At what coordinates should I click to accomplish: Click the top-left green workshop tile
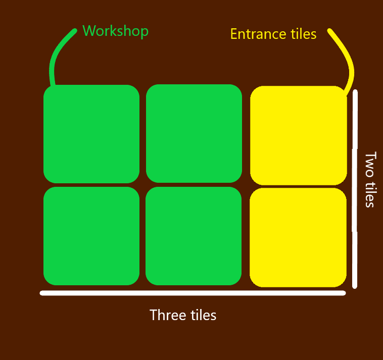(x=91, y=134)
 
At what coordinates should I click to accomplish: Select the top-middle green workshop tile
(x=194, y=133)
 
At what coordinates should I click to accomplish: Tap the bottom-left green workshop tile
(x=91, y=236)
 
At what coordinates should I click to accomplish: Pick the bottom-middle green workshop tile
(x=194, y=236)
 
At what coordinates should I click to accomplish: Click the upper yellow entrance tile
(x=298, y=135)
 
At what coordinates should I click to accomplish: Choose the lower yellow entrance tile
(x=298, y=237)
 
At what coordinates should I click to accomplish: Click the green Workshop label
(x=115, y=31)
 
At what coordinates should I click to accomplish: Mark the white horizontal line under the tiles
(x=193, y=293)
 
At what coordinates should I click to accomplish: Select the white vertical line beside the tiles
(x=355, y=189)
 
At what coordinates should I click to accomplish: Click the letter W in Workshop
(x=89, y=31)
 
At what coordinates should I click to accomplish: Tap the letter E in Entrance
(x=234, y=34)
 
